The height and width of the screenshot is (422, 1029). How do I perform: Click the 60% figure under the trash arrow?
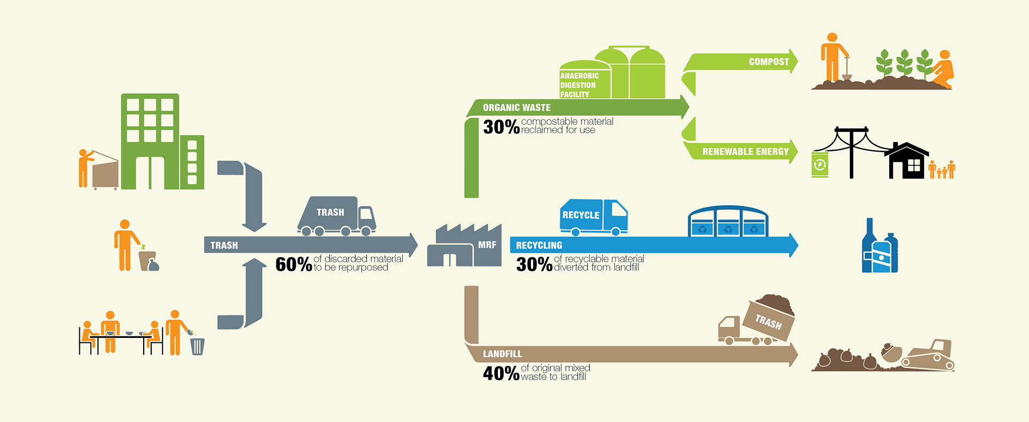[x=293, y=265]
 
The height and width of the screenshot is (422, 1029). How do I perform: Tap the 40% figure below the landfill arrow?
[x=501, y=373]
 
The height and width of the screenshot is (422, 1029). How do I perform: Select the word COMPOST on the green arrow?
[x=769, y=62]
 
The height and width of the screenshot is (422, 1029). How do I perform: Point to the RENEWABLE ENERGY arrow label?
[x=745, y=152]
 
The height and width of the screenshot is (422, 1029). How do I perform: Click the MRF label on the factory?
[x=487, y=245]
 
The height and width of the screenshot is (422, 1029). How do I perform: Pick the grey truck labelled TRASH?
[x=336, y=216]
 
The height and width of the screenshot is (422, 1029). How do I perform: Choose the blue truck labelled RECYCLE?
[x=593, y=217]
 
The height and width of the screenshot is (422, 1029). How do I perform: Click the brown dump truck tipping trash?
[x=757, y=323]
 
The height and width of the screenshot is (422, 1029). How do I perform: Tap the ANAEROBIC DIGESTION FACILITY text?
[x=579, y=85]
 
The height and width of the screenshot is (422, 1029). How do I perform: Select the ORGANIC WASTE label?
[x=516, y=108]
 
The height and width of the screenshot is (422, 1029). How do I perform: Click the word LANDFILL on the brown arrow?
[x=502, y=354]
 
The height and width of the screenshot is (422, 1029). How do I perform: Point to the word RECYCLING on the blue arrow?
[x=539, y=245]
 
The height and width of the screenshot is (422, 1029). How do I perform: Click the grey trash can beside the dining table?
[x=197, y=346]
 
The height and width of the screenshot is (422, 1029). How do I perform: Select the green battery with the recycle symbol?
[x=819, y=164]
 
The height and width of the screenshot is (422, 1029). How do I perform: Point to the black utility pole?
[x=852, y=153]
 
